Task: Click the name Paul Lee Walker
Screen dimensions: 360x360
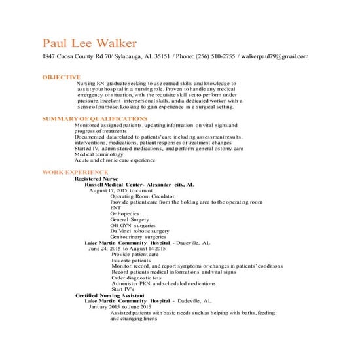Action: pyautogui.click(x=90, y=44)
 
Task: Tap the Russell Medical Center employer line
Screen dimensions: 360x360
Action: pyautogui.click(x=139, y=184)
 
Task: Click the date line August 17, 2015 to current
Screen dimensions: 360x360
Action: pyautogui.click(x=125, y=190)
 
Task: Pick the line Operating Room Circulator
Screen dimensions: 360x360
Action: pyautogui.click(x=143, y=196)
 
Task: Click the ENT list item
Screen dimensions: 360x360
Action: pyautogui.click(x=116, y=207)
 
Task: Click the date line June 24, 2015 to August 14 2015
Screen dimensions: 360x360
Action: pyautogui.click(x=128, y=249)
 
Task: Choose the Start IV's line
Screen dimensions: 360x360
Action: pyautogui.click(x=122, y=289)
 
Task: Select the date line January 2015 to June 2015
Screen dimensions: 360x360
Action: pyautogui.click(x=120, y=307)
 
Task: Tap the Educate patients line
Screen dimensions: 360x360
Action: pyautogui.click(x=131, y=261)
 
